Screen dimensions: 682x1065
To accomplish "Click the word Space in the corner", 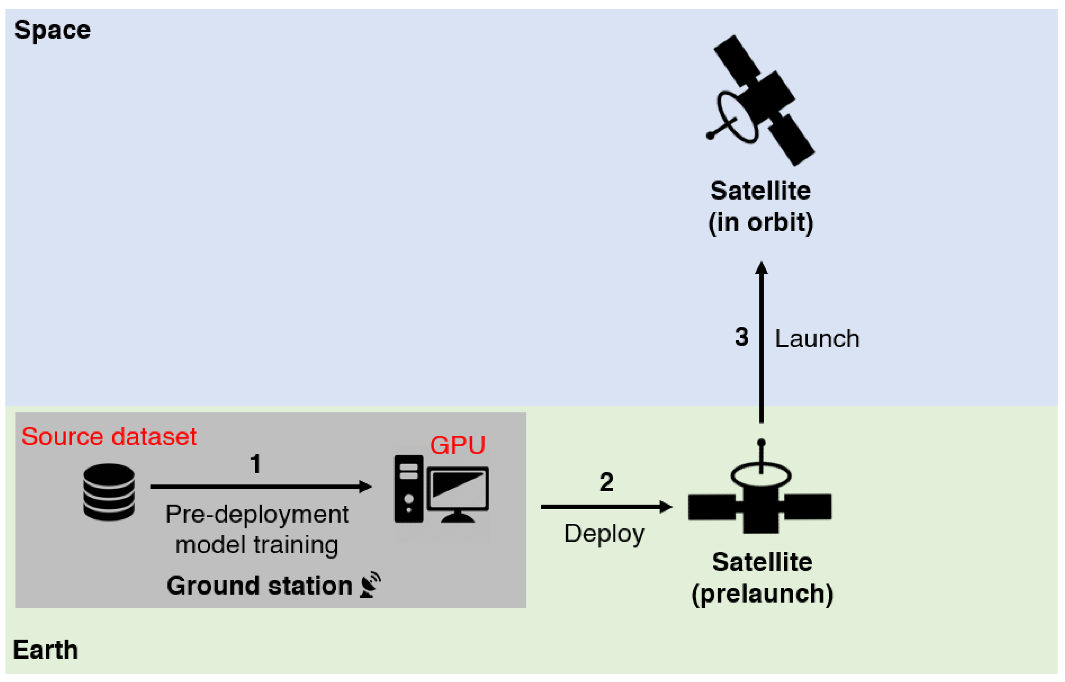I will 52,30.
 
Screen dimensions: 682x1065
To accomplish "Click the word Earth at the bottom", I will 46,650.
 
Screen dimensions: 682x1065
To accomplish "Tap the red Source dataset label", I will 109,437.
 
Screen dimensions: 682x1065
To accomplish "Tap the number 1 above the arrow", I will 255,464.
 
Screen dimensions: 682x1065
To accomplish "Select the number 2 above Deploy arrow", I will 606,482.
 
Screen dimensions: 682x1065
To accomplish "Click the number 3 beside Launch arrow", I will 741,337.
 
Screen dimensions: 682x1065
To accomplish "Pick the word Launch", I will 817,339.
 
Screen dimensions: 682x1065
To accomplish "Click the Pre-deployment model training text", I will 257,530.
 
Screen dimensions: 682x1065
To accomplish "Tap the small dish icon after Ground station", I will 370,585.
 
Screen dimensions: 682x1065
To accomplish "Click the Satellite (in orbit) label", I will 760,207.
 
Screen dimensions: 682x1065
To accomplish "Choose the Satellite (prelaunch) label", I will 762,578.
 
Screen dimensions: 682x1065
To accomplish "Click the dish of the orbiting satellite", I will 737,117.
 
